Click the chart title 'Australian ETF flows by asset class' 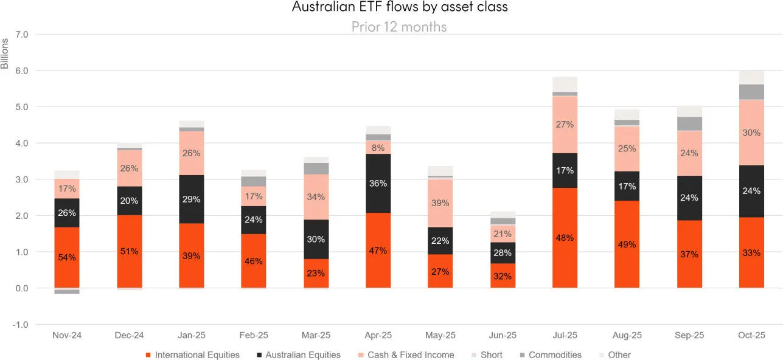coord(399,8)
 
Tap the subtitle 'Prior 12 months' coord(399,27)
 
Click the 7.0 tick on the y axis coord(21,35)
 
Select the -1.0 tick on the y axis coord(21,325)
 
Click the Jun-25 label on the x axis coord(503,336)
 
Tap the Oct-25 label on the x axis coord(751,336)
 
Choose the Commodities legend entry coord(554,355)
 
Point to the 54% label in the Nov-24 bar coord(67,257)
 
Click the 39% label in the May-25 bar coord(440,203)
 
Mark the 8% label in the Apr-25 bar coord(378,147)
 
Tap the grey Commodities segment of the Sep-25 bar coord(689,123)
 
